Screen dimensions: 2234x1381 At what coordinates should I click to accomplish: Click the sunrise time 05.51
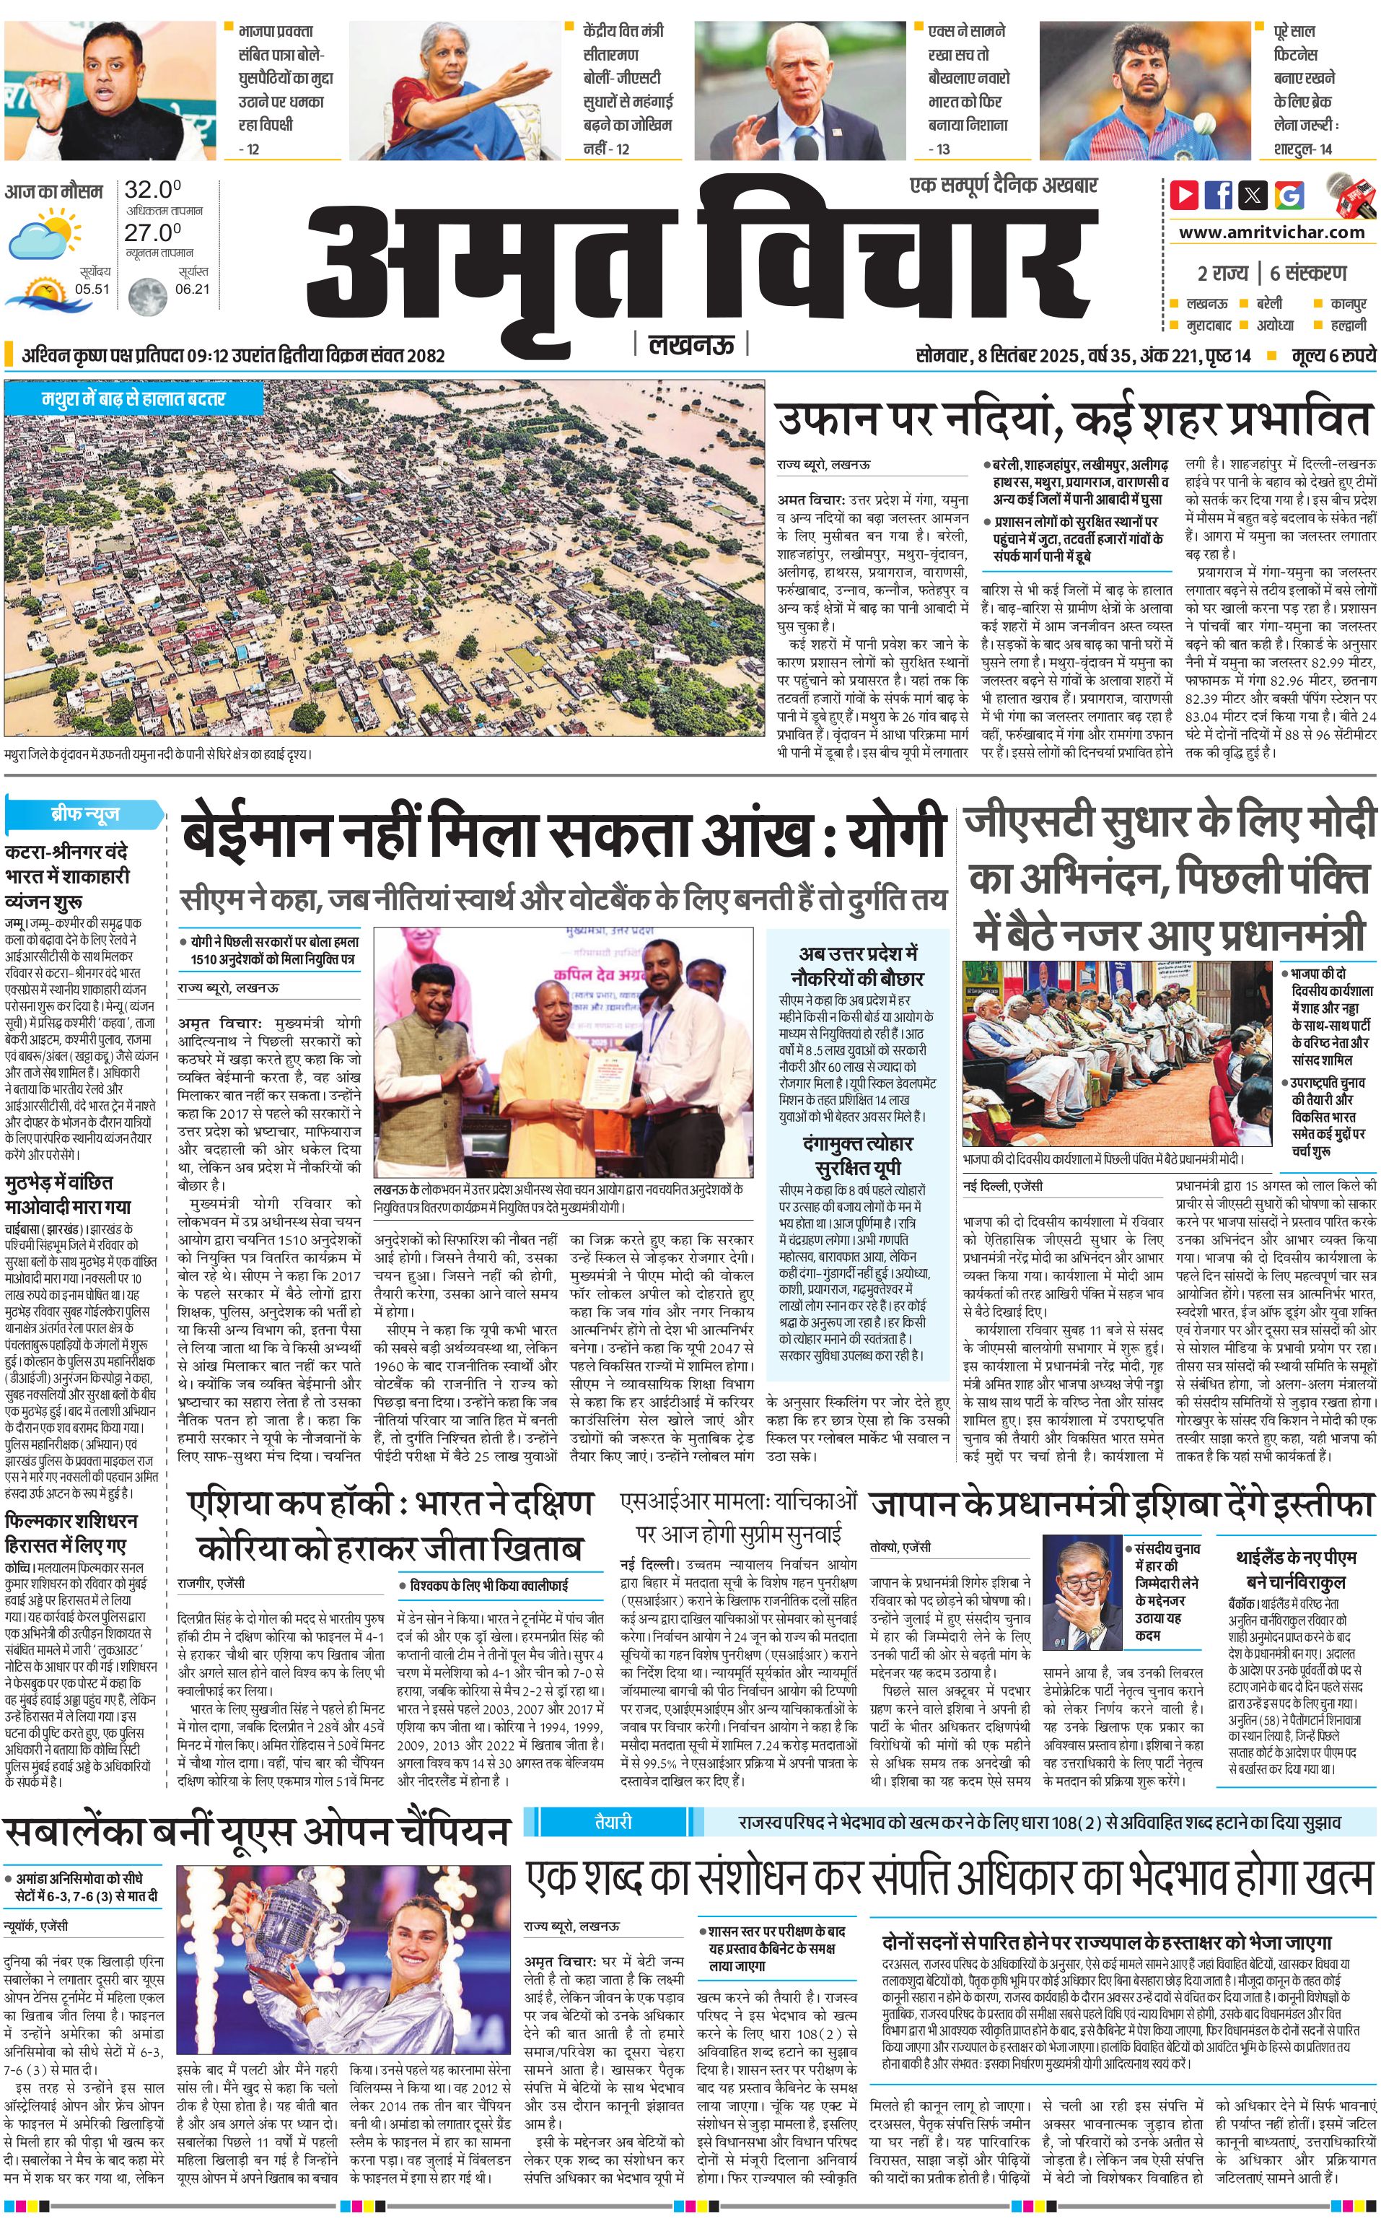click(x=92, y=289)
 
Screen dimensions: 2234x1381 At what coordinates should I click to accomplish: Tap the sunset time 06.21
click(x=192, y=289)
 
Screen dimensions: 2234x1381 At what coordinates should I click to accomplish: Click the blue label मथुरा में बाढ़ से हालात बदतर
click(x=133, y=399)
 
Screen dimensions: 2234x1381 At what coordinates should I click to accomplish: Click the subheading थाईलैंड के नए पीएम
click(x=1295, y=1557)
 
